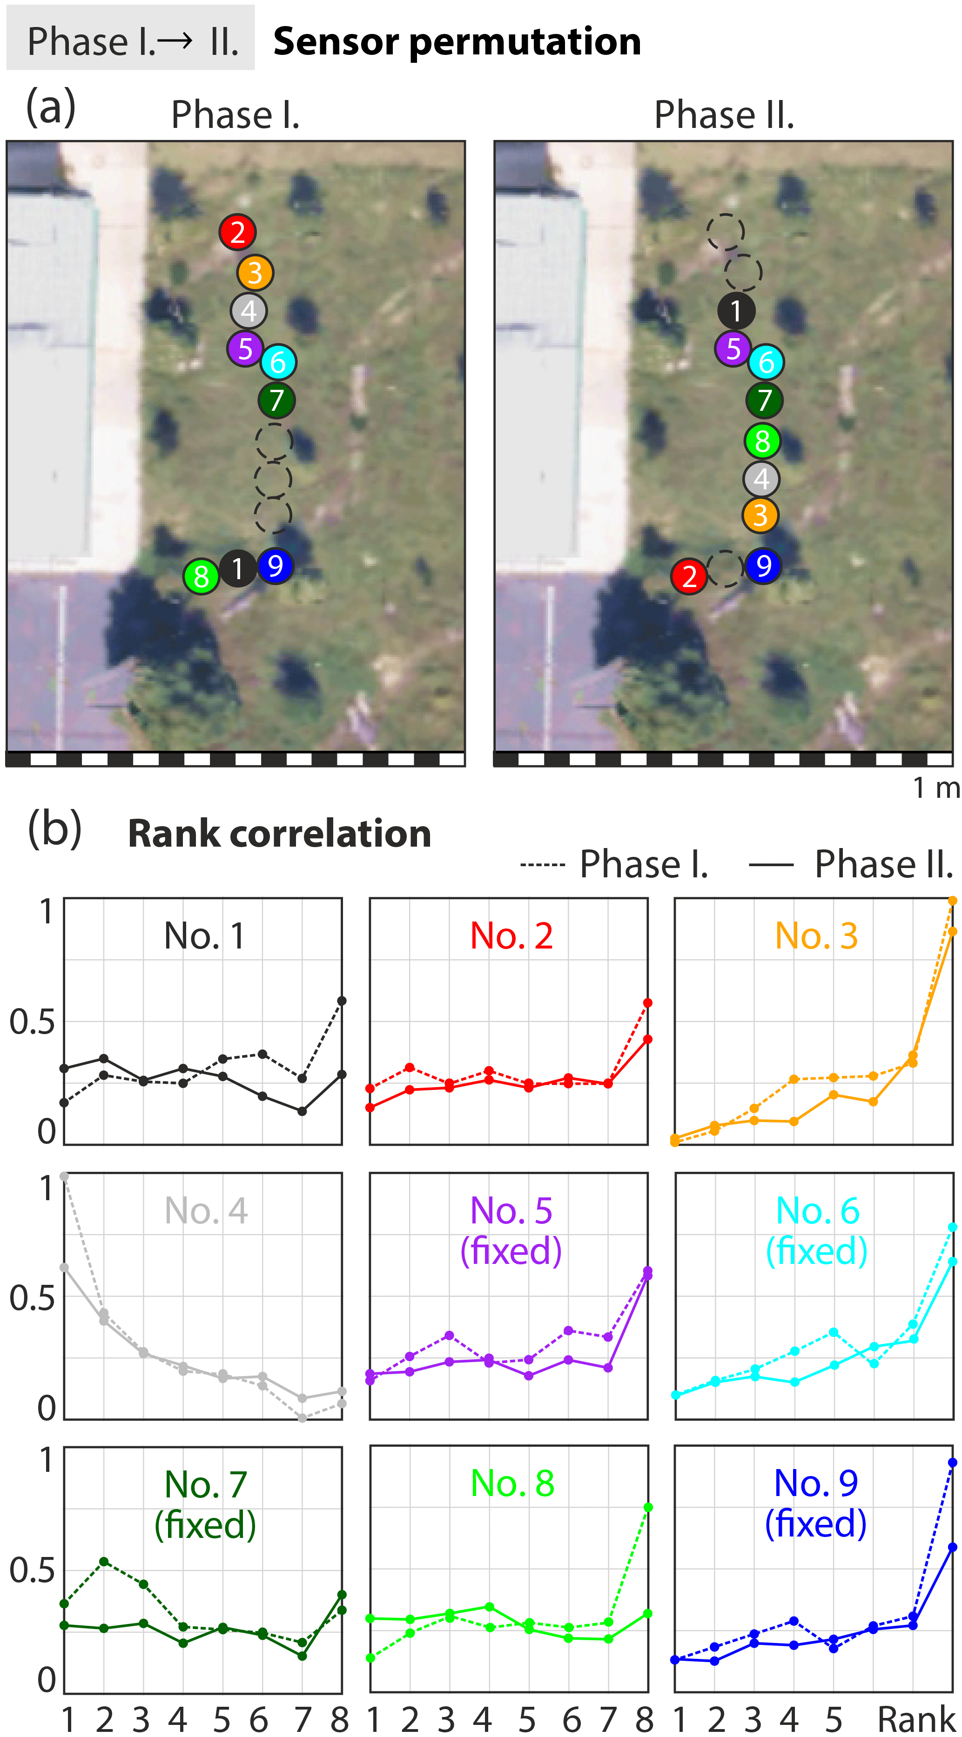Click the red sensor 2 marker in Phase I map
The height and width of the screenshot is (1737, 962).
point(237,232)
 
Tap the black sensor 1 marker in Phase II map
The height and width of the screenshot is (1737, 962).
point(735,311)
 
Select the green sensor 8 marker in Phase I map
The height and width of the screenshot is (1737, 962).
point(201,576)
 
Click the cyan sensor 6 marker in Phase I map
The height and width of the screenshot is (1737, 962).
point(278,362)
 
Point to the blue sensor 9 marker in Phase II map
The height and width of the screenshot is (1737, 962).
point(763,566)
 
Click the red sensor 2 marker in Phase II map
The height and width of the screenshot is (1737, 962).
point(689,576)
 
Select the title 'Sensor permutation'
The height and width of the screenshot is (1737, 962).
point(457,42)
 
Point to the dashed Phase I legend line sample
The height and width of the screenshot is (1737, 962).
point(542,864)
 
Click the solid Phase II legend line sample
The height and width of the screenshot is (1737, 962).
point(771,864)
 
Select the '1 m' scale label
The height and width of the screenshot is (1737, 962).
point(935,787)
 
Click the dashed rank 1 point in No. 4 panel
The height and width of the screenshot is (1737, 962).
point(64,1176)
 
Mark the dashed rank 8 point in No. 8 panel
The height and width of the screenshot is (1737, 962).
point(648,1507)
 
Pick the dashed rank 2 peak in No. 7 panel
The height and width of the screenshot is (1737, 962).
point(104,1561)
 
